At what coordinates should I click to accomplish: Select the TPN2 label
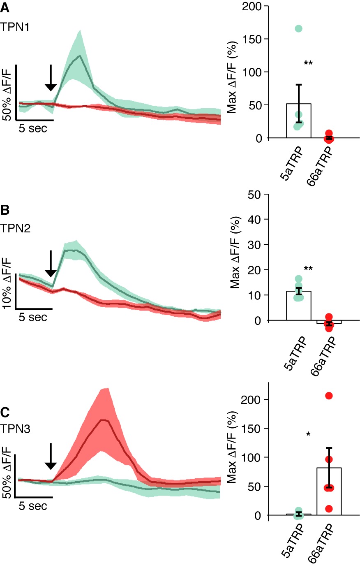point(15,228)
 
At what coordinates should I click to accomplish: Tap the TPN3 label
point(15,429)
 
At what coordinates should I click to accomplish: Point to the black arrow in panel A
point(51,78)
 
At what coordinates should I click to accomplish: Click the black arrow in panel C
point(51,456)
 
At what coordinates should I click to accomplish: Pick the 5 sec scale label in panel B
point(33,318)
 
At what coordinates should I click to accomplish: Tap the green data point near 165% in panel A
point(298,28)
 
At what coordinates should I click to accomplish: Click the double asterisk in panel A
point(308,63)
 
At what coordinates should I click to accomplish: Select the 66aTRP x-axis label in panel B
point(323,356)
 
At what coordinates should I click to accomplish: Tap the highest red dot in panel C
point(329,396)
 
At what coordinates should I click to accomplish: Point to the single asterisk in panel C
point(308,434)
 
